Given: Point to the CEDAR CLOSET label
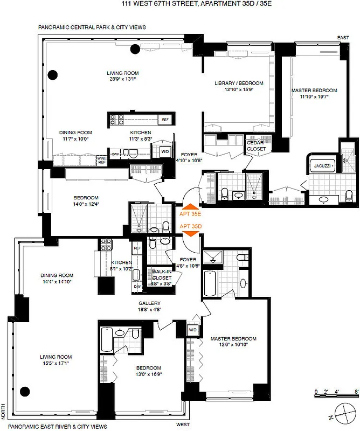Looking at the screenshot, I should click(255, 145).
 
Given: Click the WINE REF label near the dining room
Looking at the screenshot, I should click(101, 161).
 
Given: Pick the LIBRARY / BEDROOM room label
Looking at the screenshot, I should click(239, 83).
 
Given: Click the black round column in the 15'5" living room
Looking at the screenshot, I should click(24, 391).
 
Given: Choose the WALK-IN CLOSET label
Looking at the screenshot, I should click(162, 275).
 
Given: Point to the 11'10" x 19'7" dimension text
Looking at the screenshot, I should click(314, 97).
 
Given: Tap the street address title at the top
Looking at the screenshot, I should click(180, 4).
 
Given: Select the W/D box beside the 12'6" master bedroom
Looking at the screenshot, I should click(192, 329).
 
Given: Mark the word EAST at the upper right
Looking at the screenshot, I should click(343, 37).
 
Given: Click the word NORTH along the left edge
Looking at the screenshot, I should click(4, 413).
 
